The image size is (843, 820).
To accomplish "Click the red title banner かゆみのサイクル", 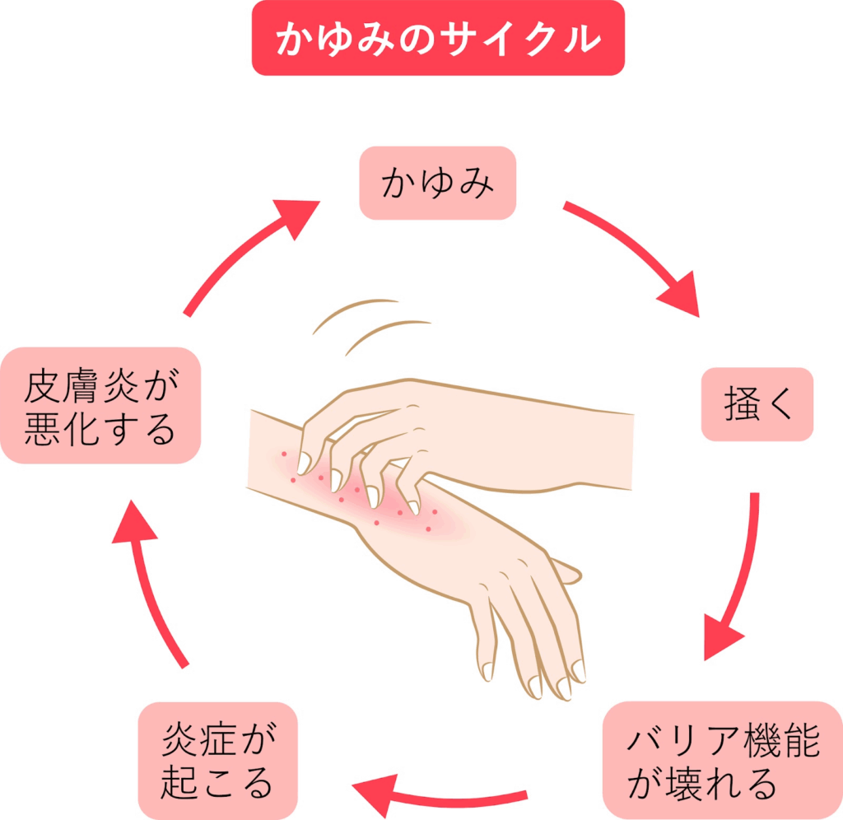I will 438,38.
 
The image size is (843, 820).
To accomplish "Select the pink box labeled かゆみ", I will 437,183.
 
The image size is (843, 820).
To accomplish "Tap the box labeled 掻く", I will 757,404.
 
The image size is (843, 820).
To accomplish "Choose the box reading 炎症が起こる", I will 218,761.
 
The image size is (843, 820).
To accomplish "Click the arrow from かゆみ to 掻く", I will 633,256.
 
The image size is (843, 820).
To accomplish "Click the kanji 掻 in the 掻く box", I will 740,405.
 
